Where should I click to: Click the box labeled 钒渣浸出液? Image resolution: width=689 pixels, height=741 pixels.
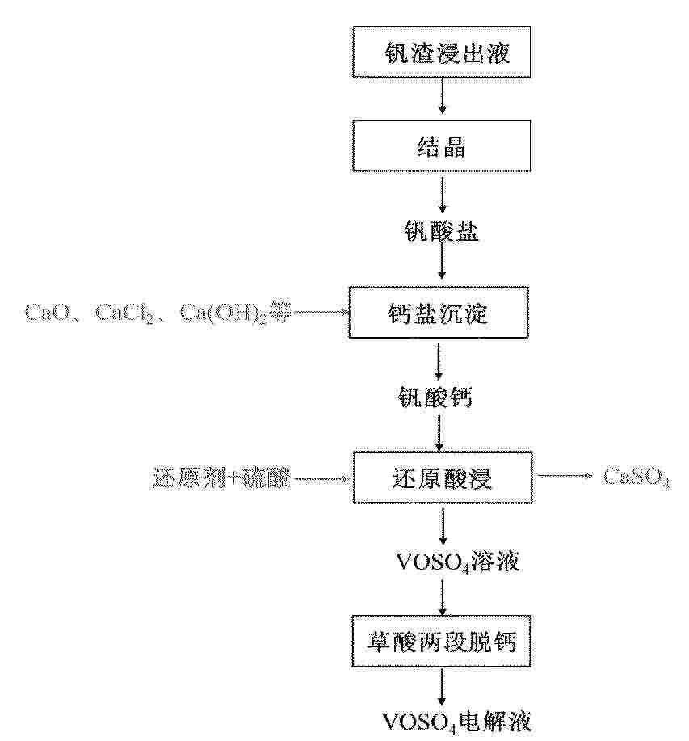pyautogui.click(x=442, y=52)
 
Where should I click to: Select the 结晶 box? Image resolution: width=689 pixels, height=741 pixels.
pyautogui.click(x=442, y=145)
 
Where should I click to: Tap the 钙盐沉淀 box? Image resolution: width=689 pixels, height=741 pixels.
pyautogui.click(x=439, y=313)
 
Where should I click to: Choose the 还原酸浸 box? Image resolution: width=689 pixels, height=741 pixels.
pyautogui.click(x=443, y=478)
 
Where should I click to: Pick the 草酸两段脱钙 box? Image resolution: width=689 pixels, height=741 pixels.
pyautogui.click(x=442, y=642)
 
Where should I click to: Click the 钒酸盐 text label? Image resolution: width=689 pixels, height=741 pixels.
pyautogui.click(x=442, y=231)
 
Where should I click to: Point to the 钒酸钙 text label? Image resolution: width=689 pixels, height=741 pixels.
pyautogui.click(x=435, y=397)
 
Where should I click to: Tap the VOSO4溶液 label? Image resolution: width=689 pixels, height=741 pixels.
pyautogui.click(x=457, y=562)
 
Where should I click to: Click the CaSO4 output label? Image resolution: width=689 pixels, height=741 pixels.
pyautogui.click(x=637, y=477)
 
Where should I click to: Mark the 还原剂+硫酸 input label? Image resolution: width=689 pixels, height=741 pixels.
pyautogui.click(x=221, y=478)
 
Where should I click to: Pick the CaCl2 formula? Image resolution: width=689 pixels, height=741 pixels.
pyautogui.click(x=124, y=313)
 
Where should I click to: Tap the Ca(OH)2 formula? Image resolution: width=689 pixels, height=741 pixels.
pyautogui.click(x=224, y=314)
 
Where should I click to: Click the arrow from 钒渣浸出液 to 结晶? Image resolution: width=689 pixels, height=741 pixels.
pyautogui.click(x=442, y=96)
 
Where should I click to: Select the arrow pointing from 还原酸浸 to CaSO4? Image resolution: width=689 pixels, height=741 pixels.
pyautogui.click(x=565, y=476)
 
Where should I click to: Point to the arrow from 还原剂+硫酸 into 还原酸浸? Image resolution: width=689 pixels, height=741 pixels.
pyautogui.click(x=321, y=479)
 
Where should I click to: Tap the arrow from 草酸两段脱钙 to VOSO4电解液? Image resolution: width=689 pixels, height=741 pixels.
pyautogui.click(x=442, y=687)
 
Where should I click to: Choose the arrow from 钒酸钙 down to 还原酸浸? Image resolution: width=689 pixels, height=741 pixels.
pyautogui.click(x=439, y=432)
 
